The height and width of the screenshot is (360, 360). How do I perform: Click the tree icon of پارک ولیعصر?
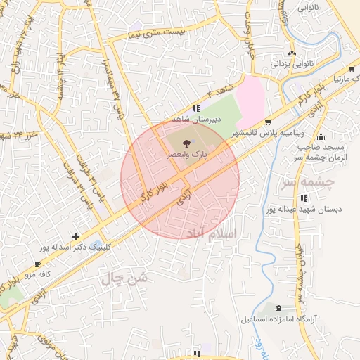pyautogui.click(x=185, y=143)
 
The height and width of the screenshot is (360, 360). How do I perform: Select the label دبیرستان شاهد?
pyautogui.click(x=198, y=119)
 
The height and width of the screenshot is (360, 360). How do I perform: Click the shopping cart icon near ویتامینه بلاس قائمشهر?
pyautogui.click(x=268, y=122)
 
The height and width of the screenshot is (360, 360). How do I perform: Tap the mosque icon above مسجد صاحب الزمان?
pyautogui.click(x=321, y=136)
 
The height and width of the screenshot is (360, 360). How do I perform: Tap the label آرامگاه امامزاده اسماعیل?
pyautogui.click(x=281, y=320)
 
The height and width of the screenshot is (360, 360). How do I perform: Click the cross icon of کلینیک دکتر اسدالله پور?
pyautogui.click(x=75, y=236)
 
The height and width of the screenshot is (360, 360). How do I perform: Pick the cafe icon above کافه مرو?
pyautogui.click(x=37, y=264)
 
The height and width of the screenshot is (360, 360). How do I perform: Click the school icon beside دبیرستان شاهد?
pyautogui.click(x=197, y=108)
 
